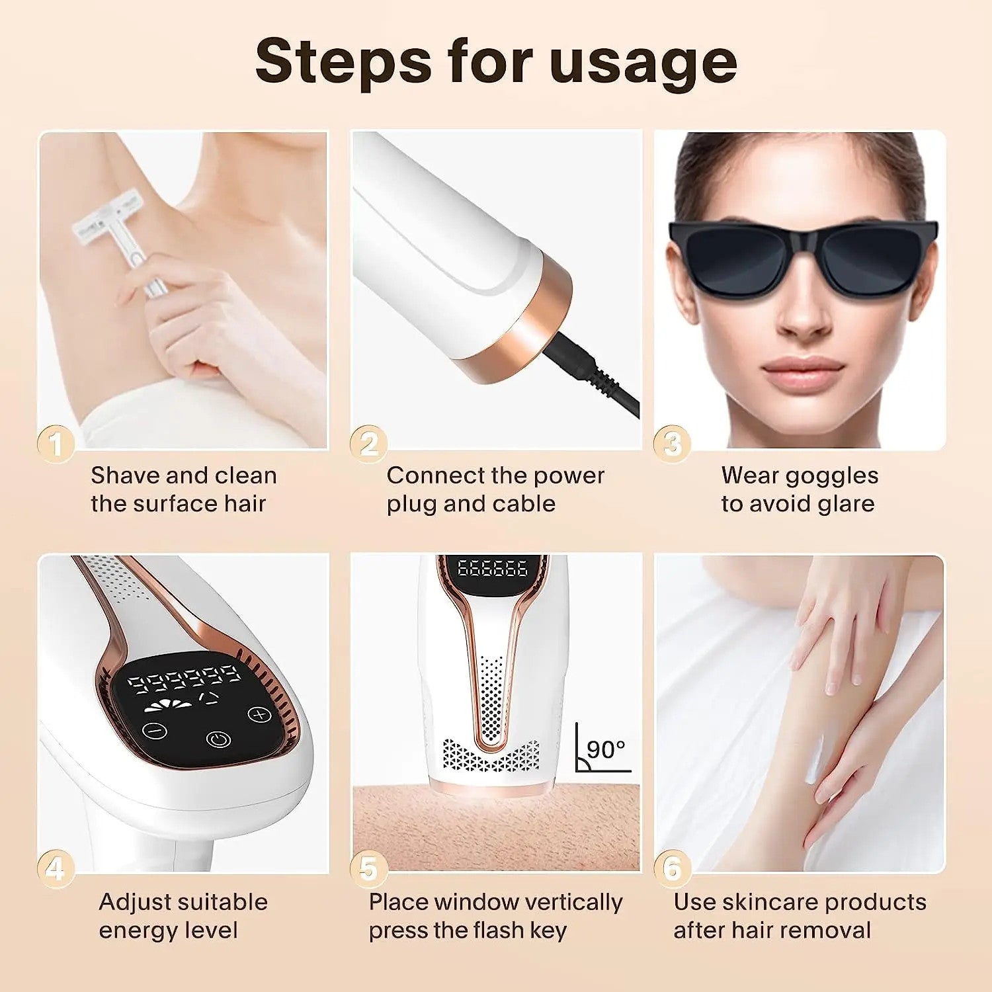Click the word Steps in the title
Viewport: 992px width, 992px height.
click(343, 61)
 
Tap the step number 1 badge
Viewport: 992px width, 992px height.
click(56, 444)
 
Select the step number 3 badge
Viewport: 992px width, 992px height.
click(672, 444)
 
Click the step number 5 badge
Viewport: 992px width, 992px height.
click(368, 868)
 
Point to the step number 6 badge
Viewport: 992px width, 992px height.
click(672, 868)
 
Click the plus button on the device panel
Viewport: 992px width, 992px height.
click(259, 715)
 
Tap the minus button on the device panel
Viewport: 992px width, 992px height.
click(154, 731)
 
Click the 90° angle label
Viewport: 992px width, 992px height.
click(605, 749)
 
